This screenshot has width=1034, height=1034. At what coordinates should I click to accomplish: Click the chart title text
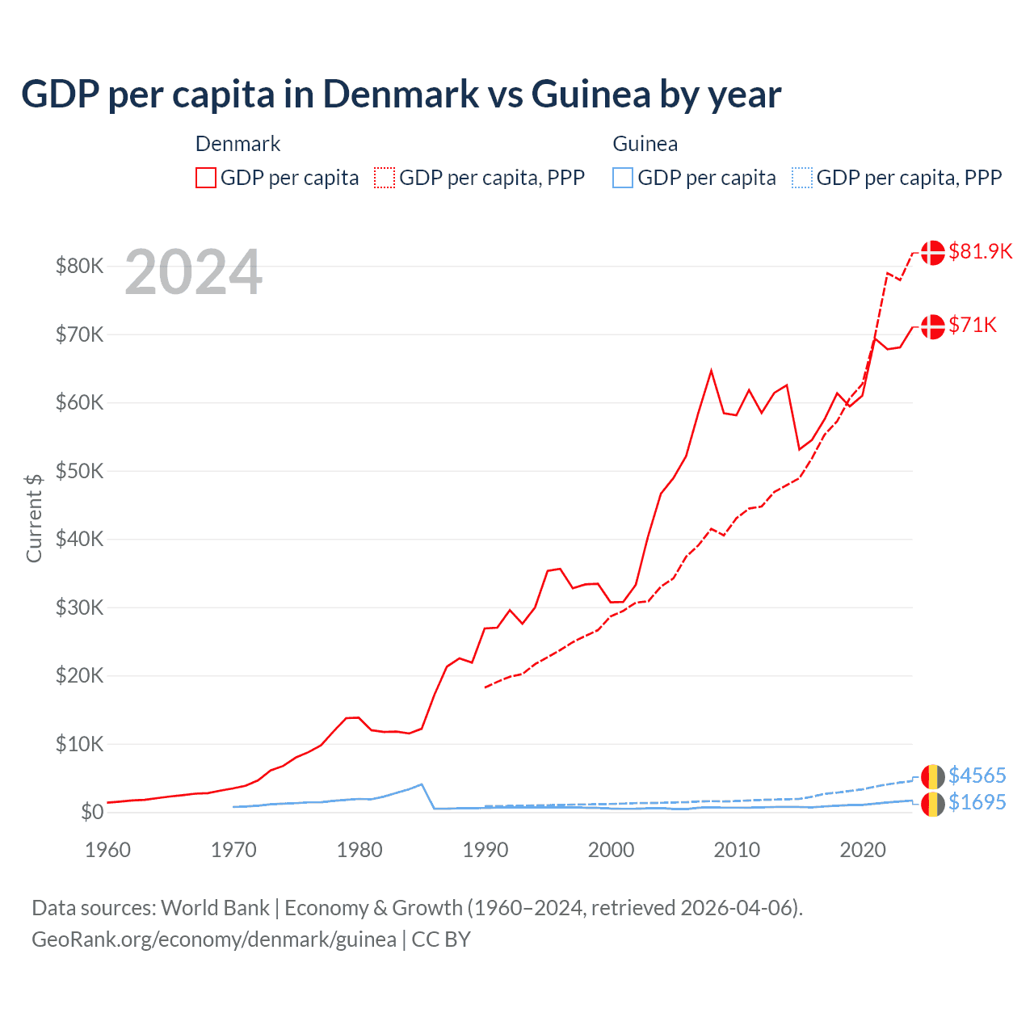pyautogui.click(x=401, y=95)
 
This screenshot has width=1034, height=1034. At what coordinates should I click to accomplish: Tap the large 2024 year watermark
pyautogui.click(x=193, y=273)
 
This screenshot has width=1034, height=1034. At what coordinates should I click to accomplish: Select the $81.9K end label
pyautogui.click(x=980, y=251)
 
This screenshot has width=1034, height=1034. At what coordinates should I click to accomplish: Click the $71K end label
pyautogui.click(x=973, y=325)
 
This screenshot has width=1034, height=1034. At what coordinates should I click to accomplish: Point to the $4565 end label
pyautogui.click(x=977, y=775)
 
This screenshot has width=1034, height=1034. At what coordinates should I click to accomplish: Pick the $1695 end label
pyautogui.click(x=977, y=802)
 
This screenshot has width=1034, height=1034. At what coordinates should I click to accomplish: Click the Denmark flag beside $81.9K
pyautogui.click(x=932, y=252)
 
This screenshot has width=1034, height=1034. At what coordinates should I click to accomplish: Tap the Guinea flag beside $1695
pyautogui.click(x=932, y=804)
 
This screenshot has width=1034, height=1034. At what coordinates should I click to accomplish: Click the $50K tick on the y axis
pyautogui.click(x=79, y=471)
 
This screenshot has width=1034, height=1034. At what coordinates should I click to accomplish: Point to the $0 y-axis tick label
pyautogui.click(x=91, y=812)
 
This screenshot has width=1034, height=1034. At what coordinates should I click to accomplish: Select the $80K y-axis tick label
pyautogui.click(x=79, y=266)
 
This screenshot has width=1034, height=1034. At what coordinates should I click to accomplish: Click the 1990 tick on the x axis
pyautogui.click(x=485, y=850)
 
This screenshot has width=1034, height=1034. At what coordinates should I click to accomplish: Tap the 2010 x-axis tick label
pyautogui.click(x=737, y=850)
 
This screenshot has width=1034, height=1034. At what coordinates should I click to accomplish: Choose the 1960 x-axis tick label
pyautogui.click(x=108, y=850)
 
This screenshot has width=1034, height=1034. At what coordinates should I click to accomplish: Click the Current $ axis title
pyautogui.click(x=34, y=518)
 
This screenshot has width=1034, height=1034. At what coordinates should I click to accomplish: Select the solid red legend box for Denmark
pyautogui.click(x=206, y=178)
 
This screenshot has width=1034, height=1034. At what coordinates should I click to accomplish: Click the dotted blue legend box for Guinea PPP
pyautogui.click(x=802, y=178)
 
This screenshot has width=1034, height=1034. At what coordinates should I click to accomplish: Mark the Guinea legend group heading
pyautogui.click(x=645, y=144)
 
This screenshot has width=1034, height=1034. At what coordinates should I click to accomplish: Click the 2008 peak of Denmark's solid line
pyautogui.click(x=711, y=371)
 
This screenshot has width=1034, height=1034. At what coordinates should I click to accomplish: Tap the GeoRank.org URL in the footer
pyautogui.click(x=214, y=939)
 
